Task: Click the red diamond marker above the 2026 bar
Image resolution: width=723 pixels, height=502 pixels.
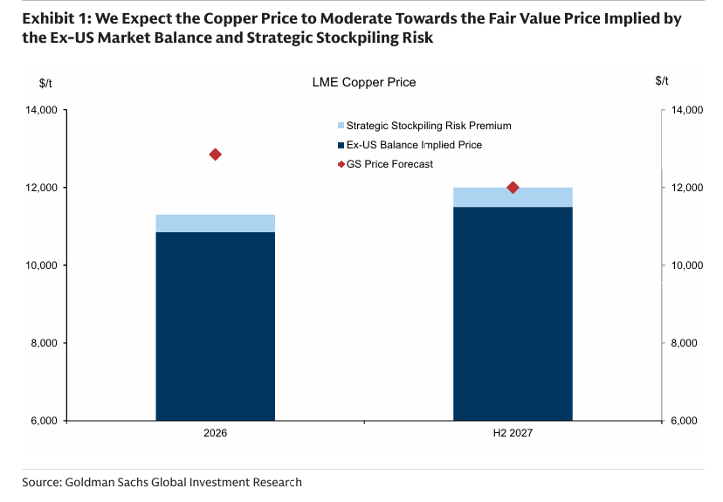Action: (216, 155)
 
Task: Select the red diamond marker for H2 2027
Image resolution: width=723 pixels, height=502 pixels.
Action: (513, 188)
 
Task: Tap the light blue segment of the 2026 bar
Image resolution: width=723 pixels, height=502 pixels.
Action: (216, 223)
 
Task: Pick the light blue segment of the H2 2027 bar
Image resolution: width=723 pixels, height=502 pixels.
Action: (513, 197)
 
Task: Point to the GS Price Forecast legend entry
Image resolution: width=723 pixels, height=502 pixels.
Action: (389, 164)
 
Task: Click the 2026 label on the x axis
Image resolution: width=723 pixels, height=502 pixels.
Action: (216, 433)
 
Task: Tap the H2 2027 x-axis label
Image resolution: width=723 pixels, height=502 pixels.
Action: (513, 433)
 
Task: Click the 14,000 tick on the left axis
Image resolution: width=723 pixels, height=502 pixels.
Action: (41, 111)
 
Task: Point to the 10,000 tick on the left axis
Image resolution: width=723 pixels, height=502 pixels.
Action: (41, 265)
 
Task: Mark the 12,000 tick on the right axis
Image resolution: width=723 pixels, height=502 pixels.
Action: (686, 188)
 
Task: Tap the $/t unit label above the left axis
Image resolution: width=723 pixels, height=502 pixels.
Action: (46, 82)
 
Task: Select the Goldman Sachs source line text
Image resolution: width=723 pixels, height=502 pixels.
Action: (162, 482)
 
